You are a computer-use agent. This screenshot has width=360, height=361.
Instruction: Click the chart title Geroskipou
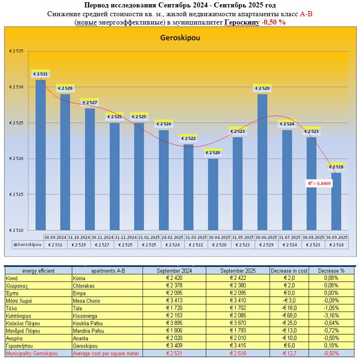coord(180,39)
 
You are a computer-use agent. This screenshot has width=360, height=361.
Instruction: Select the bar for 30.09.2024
coord(41,155)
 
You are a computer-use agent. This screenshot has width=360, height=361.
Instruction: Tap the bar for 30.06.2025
coord(262,162)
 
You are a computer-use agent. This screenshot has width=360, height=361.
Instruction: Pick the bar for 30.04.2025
coord(213,194)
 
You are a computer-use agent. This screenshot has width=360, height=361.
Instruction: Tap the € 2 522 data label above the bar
coord(188,138)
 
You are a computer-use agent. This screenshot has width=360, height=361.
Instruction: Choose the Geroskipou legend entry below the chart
coord(28,244)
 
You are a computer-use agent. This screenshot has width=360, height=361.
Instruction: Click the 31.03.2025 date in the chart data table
coord(196,237)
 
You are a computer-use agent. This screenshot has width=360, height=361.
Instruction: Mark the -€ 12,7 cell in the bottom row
coord(290,354)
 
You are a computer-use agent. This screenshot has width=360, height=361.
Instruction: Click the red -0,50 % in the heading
coord(273,22)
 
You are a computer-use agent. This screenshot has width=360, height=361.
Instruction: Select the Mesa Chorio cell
coord(88,301)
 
